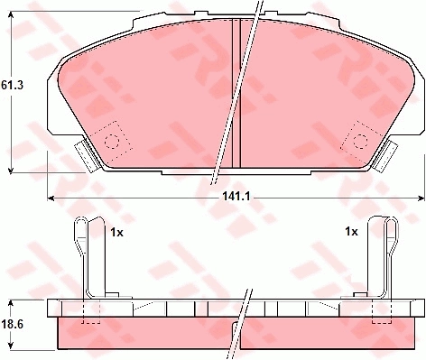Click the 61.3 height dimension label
[x=12, y=86]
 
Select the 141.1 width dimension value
[x=236, y=197]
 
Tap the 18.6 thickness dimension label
[x=12, y=325]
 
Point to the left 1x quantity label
[x=117, y=232]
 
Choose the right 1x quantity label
[x=351, y=232]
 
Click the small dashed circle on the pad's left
[x=112, y=142]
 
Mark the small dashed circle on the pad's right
[x=360, y=142]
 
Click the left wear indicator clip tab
[x=87, y=156]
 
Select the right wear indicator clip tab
[x=385, y=156]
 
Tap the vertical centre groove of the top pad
[x=236, y=93]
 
